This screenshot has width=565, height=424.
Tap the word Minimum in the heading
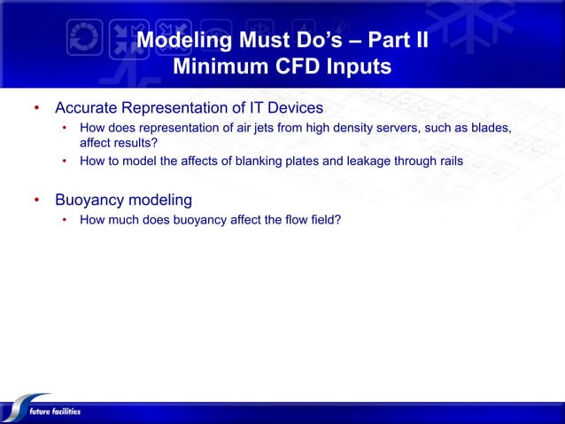tap(218, 67)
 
